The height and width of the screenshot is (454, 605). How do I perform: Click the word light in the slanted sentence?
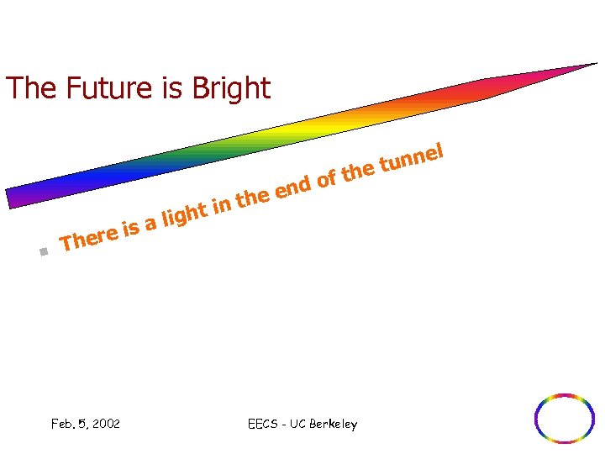pos(184,214)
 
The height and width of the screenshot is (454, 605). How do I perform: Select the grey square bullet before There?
pos(44,251)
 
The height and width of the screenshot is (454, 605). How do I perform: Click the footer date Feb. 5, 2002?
pos(85,424)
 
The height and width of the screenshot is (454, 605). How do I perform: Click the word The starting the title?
pos(26,88)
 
